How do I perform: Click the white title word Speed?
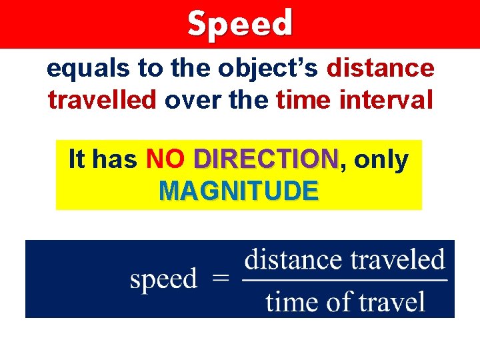(240, 23)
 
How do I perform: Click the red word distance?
(381, 67)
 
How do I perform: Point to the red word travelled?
(102, 99)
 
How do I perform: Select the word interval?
(386, 99)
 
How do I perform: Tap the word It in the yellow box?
(77, 159)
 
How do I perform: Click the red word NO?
(165, 159)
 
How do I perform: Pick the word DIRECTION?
(265, 159)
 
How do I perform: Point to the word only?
(381, 159)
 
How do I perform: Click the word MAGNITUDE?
(239, 191)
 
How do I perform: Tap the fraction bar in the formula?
(344, 280)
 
